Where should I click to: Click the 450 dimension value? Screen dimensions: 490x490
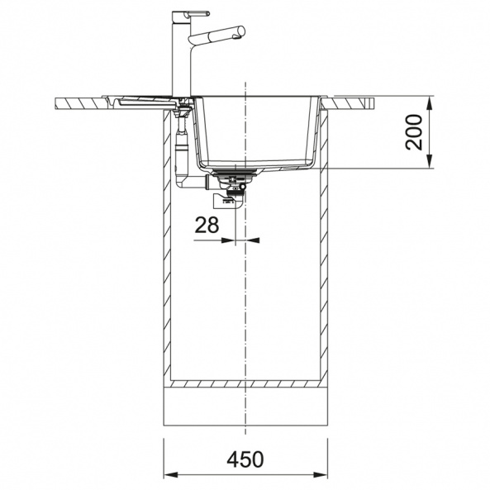[x=245, y=459]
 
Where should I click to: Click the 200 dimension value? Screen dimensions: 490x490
[x=413, y=132]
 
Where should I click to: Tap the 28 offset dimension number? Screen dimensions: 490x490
[x=207, y=225]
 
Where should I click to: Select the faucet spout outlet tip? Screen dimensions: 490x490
[x=241, y=31]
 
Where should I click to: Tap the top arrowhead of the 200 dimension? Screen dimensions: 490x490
[x=431, y=103]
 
